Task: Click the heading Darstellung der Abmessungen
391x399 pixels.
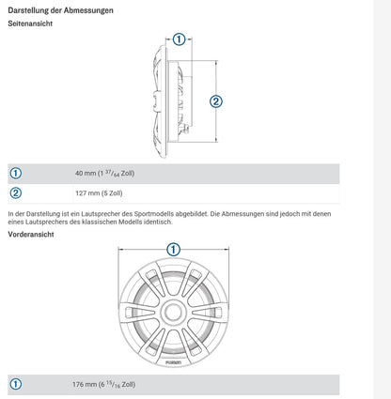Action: coord(60,10)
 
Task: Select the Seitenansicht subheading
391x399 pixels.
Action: coord(30,23)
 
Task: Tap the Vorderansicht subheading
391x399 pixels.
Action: coord(31,235)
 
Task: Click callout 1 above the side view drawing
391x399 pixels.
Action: coord(179,39)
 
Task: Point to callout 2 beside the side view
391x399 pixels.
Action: coord(216,101)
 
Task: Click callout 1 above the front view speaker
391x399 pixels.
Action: coord(173,250)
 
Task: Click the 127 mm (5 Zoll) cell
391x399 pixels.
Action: coord(99,193)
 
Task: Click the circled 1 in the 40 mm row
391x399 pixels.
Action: coord(16,174)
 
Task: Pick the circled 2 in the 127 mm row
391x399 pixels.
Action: coord(16,193)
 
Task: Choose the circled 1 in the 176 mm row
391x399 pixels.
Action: coord(16,384)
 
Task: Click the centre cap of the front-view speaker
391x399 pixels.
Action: coord(173,312)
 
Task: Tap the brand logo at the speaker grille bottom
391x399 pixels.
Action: coord(173,362)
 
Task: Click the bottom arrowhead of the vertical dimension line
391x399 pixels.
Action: coord(216,140)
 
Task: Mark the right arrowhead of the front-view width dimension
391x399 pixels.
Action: coord(227,250)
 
